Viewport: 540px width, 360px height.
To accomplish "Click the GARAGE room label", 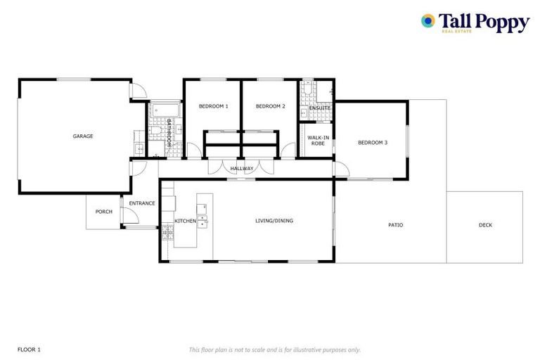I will click(x=83, y=136).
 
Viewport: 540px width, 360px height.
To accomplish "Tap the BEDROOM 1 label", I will click(x=213, y=106).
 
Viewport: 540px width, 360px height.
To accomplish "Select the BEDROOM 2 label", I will click(x=270, y=106).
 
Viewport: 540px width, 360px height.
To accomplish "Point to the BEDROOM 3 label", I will click(x=373, y=143).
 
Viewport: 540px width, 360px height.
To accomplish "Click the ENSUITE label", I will click(x=320, y=108).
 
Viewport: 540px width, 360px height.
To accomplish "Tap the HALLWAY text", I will click(x=241, y=168).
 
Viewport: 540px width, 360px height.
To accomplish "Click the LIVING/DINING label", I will click(x=274, y=221).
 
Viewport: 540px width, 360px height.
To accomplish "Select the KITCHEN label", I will click(x=185, y=221).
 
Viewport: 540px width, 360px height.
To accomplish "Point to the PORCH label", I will click(x=104, y=211).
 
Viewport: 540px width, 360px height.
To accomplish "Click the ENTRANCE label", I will click(x=142, y=203).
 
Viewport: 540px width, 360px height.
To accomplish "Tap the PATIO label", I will click(x=396, y=225).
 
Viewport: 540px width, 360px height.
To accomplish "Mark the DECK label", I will click(x=485, y=225).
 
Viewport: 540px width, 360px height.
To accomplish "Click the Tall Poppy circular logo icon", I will click(x=427, y=21).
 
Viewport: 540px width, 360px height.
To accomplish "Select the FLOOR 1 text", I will click(x=30, y=349).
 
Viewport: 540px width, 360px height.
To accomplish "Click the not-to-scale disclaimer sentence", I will click(x=275, y=349).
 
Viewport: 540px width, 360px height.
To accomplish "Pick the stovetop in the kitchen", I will click(x=167, y=233).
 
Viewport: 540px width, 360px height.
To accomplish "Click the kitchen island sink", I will click(x=202, y=220).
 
